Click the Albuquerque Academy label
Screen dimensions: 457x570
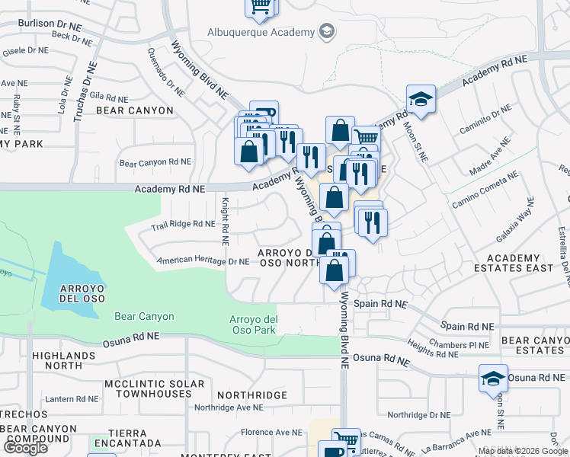[261, 32]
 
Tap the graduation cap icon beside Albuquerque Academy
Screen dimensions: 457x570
[327, 31]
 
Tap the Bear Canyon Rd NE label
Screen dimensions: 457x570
[155, 162]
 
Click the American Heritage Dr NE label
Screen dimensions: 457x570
[203, 261]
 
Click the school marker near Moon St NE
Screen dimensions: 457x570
[421, 98]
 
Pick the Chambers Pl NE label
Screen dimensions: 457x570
[457, 344]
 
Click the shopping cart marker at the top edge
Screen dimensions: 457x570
[261, 6]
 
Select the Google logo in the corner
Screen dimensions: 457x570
[24, 449]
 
